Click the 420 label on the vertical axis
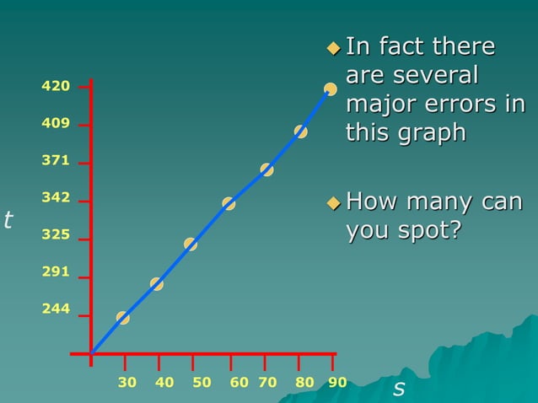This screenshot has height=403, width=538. click(x=56, y=86)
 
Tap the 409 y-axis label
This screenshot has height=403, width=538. click(x=56, y=124)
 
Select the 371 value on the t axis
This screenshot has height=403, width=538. click(x=56, y=160)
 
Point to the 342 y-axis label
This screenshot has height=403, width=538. click(x=56, y=198)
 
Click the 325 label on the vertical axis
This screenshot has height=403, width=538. click(x=56, y=235)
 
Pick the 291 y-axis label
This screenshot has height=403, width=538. click(x=56, y=272)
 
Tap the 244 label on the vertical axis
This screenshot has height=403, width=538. click(x=56, y=309)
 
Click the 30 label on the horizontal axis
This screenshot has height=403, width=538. click(x=127, y=383)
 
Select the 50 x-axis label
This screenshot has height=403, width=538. click(x=202, y=383)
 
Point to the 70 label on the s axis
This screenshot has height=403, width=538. click(x=267, y=383)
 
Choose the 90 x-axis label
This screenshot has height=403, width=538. click(x=337, y=383)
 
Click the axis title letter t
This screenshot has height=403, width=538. click(x=8, y=221)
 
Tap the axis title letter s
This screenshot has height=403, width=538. click(x=399, y=389)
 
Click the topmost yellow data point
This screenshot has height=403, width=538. click(x=331, y=89)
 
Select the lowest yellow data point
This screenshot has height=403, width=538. click(x=123, y=318)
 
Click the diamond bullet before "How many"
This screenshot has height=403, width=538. click(x=334, y=203)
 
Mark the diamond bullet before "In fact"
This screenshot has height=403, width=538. click(x=334, y=47)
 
